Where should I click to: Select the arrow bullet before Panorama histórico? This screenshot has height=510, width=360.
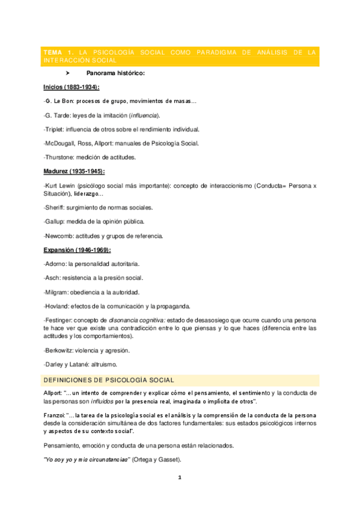pyautogui.click(x=69, y=73)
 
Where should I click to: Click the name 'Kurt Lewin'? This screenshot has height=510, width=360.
pyautogui.click(x=63, y=185)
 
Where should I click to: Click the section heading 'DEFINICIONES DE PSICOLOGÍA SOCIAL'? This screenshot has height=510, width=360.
pyautogui.click(x=109, y=380)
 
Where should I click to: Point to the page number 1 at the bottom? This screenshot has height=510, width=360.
pyautogui.click(x=179, y=478)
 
